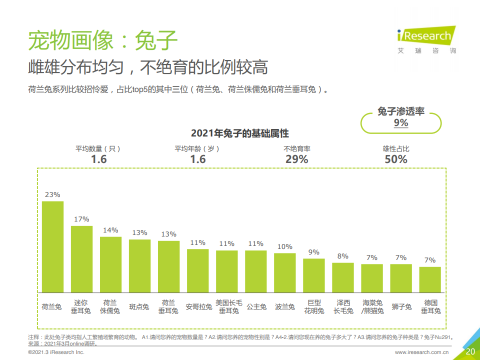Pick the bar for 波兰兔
coord(284,272)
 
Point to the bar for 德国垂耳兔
coord(430,279)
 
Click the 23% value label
coord(52,194)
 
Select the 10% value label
coord(284,246)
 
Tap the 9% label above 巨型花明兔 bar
coord(313,252)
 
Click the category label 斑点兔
coord(139,306)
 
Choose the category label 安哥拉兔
coord(197,306)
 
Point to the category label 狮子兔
coord(401,306)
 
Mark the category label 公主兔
coord(256,306)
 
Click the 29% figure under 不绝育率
coord(297,159)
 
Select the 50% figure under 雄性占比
coord(396,159)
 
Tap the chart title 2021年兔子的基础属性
coord(240,133)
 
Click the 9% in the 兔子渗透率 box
coord(401,123)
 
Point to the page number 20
coord(470,351)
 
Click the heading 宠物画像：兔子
coord(103,40)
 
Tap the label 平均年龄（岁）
coord(197,148)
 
